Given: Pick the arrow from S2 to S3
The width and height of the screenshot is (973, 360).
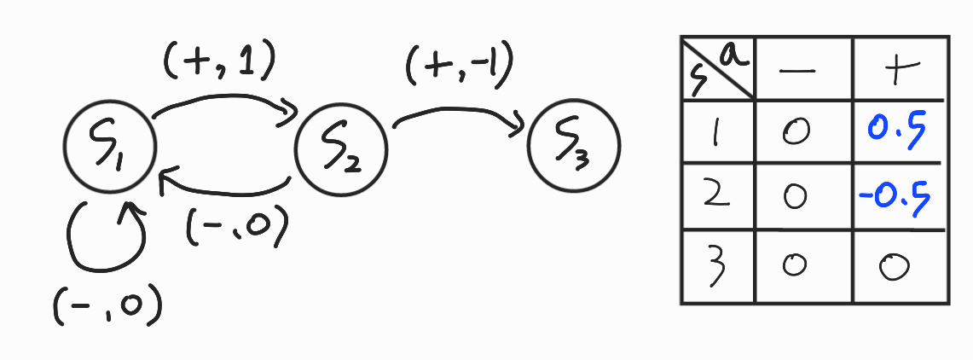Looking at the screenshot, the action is (457, 117).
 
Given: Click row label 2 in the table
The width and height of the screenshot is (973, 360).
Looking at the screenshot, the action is (717, 198).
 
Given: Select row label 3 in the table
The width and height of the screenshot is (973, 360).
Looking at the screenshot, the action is (717, 266).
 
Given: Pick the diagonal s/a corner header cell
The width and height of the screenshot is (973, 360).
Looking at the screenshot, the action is (717, 67).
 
